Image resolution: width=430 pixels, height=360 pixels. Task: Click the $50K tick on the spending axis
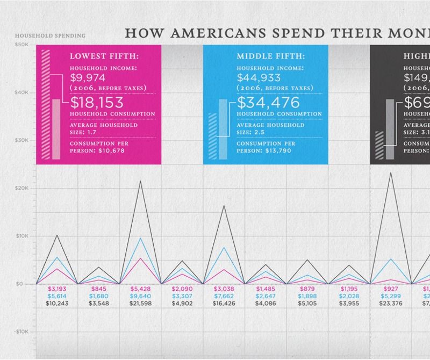click(23, 46)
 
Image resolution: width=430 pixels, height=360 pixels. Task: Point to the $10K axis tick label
click(23, 236)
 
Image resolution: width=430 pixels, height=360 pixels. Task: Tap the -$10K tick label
click(21, 332)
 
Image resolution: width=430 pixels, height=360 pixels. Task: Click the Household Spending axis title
click(50, 36)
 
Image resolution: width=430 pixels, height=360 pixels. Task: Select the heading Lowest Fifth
click(104, 55)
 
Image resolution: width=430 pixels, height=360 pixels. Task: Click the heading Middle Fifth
click(271, 55)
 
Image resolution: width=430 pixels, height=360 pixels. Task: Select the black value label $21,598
click(141, 304)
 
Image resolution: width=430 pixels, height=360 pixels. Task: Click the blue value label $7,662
click(224, 296)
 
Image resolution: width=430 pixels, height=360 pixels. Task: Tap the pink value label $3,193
click(57, 289)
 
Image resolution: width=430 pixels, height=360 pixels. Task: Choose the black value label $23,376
click(391, 304)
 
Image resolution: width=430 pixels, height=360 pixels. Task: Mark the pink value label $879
click(307, 289)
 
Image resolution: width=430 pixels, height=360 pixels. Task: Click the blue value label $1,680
click(99, 296)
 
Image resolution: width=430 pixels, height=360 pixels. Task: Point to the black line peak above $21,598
click(141, 181)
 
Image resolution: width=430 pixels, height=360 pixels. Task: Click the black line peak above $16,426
click(224, 205)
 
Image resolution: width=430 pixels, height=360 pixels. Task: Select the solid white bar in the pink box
click(56, 129)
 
